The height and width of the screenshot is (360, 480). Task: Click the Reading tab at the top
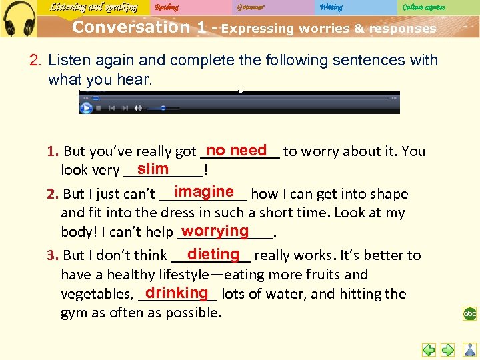[166, 7]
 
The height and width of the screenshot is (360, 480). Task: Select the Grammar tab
[250, 7]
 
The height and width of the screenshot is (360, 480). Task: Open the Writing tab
[331, 7]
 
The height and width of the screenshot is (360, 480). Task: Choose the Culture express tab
[423, 7]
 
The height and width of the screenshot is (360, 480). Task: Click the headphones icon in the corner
[19, 19]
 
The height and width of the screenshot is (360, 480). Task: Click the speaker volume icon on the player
[138, 108]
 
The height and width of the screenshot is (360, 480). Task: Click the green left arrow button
[429, 349]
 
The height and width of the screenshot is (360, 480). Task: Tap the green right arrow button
[448, 349]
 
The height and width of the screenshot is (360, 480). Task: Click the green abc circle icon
[470, 313]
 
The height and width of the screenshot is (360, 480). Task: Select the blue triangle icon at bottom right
[469, 349]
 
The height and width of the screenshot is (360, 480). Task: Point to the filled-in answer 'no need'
[237, 150]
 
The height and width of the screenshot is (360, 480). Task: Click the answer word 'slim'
[153, 169]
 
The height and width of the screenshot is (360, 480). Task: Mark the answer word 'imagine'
[204, 192]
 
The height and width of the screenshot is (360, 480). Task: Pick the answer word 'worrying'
[215, 231]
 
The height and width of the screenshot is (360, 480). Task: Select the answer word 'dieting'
[213, 254]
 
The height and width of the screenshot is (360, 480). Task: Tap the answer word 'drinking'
[177, 293]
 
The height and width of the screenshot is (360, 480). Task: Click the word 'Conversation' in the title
[131, 27]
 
